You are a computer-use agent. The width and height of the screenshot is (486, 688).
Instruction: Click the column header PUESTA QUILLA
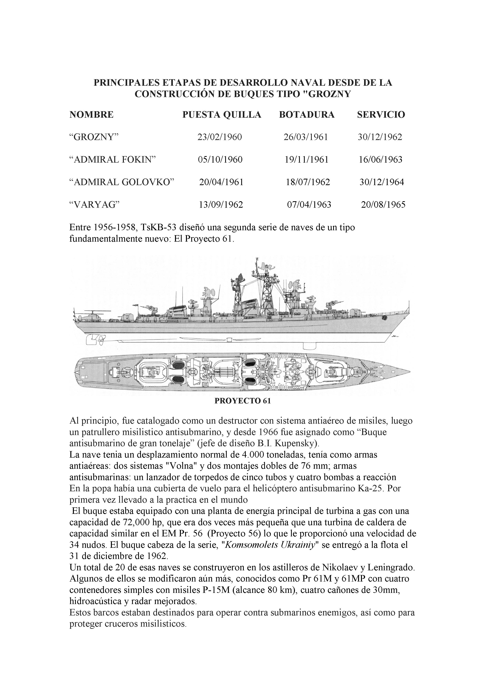coord(222,115)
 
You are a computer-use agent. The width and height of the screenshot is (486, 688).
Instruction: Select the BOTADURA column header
coord(307,115)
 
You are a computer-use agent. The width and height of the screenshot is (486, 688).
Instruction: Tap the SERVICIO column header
coord(381,115)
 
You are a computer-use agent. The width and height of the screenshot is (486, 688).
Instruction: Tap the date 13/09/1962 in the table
coord(221,205)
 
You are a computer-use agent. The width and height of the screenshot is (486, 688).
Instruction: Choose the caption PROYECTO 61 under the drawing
coord(243,401)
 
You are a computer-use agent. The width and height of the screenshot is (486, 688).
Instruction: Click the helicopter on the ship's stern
coord(91,316)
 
